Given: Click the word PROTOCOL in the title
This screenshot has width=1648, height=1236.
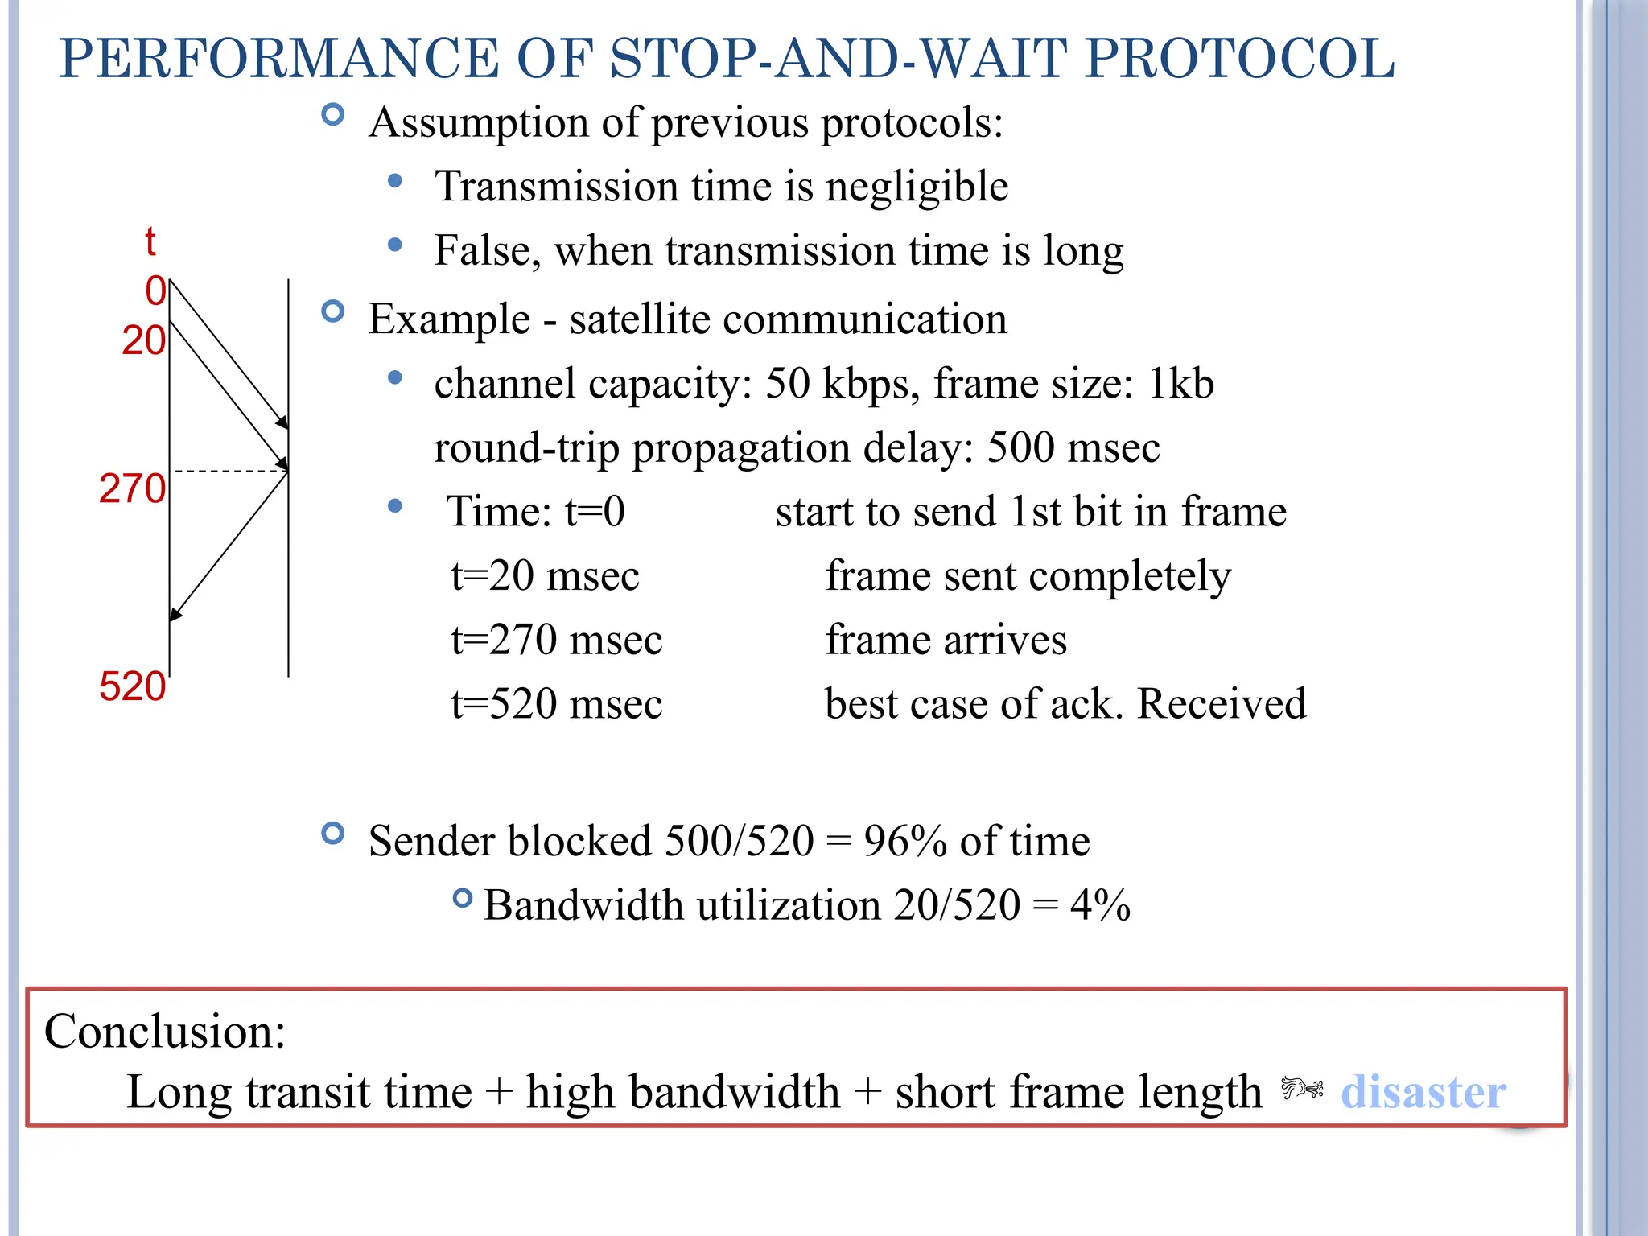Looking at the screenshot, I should pyautogui.click(x=1239, y=59).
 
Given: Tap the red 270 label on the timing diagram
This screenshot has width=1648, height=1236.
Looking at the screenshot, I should pyautogui.click(x=132, y=488).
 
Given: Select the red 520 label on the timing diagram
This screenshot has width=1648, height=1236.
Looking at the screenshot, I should pyautogui.click(x=132, y=687).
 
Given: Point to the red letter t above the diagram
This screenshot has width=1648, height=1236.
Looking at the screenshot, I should pyautogui.click(x=150, y=241).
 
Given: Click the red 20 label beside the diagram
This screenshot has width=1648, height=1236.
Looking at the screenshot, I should pyautogui.click(x=143, y=340).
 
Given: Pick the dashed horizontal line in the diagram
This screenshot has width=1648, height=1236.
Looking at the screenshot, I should pyautogui.click(x=229, y=471).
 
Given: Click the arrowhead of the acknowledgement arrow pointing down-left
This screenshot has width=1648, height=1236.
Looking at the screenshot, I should pyautogui.click(x=175, y=614).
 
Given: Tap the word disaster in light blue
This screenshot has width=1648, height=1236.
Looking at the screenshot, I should pyautogui.click(x=1423, y=1093).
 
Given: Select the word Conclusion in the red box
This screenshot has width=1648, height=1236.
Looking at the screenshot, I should pyautogui.click(x=164, y=1031).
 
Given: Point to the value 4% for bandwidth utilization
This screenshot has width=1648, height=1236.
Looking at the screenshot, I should pyautogui.click(x=1100, y=906).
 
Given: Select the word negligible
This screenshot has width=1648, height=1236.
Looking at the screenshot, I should pyautogui.click(x=917, y=187).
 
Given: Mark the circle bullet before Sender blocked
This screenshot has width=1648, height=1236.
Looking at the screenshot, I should pyautogui.click(x=332, y=833).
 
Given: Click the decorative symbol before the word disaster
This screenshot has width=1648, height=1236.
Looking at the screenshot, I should pyautogui.click(x=1301, y=1089).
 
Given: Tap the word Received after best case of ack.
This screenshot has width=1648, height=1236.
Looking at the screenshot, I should pyautogui.click(x=1222, y=704).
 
